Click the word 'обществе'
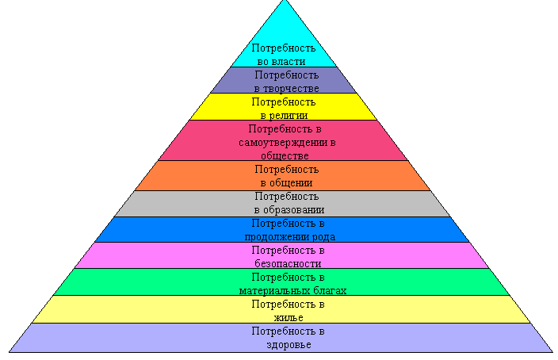point(283,156)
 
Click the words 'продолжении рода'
point(289,236)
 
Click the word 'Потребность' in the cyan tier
point(283,48)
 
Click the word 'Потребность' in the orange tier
point(285,169)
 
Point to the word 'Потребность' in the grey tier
point(285,196)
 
